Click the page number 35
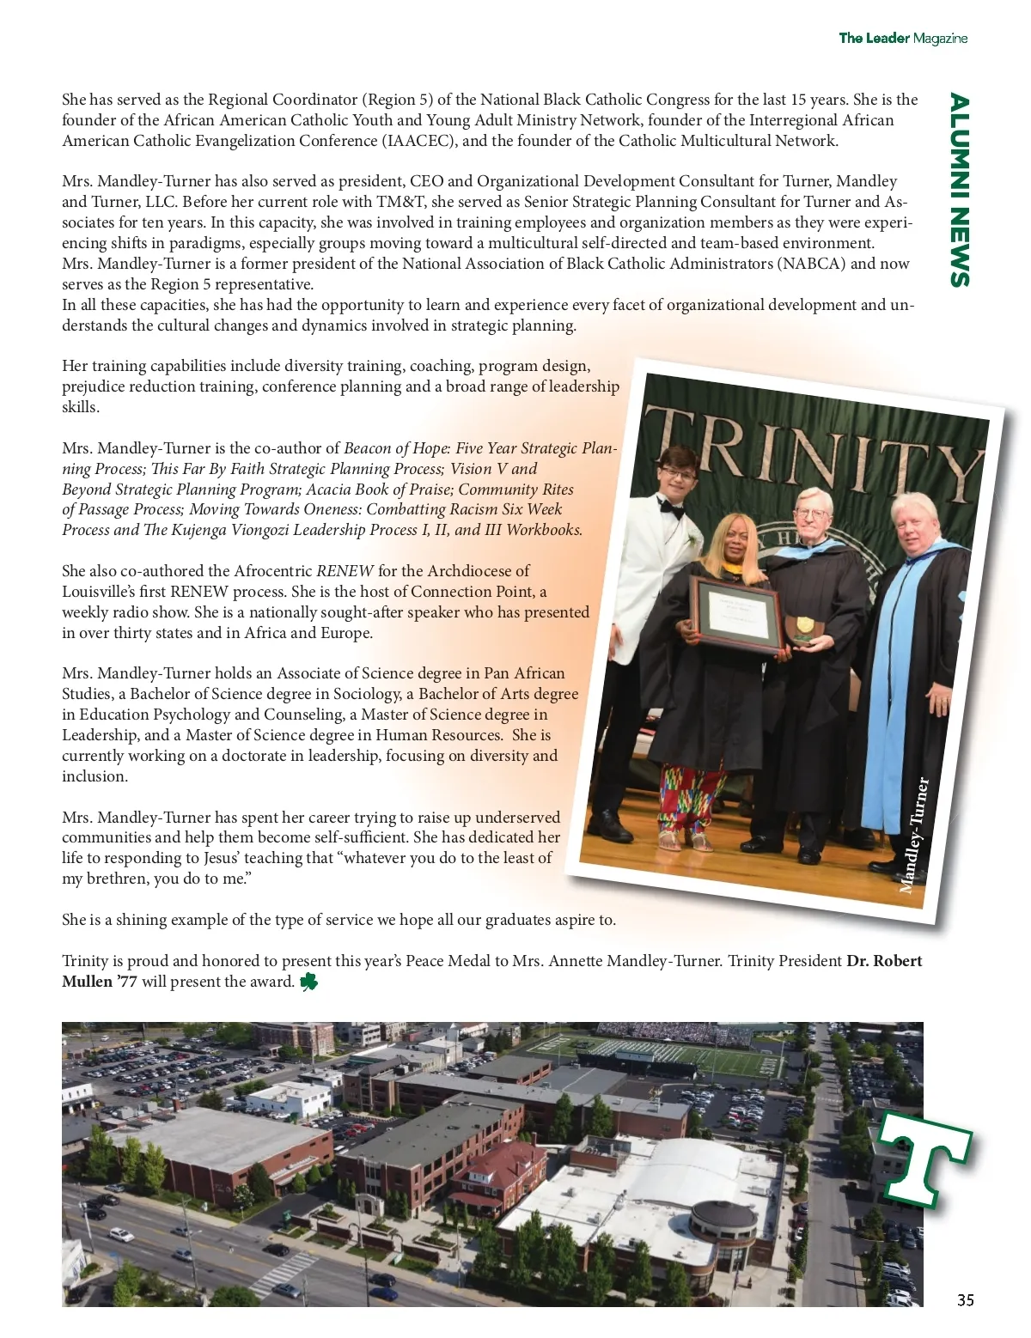pyautogui.click(x=966, y=1300)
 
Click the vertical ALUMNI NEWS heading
pyautogui.click(x=959, y=191)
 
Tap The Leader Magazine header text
pyautogui.click(x=903, y=38)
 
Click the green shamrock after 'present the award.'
pyautogui.click(x=308, y=982)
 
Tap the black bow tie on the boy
pyautogui.click(x=670, y=509)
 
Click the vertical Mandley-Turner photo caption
pyautogui.click(x=914, y=836)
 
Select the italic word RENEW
pyautogui.click(x=345, y=571)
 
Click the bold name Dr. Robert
pyautogui.click(x=884, y=961)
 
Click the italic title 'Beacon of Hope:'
pyautogui.click(x=396, y=448)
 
